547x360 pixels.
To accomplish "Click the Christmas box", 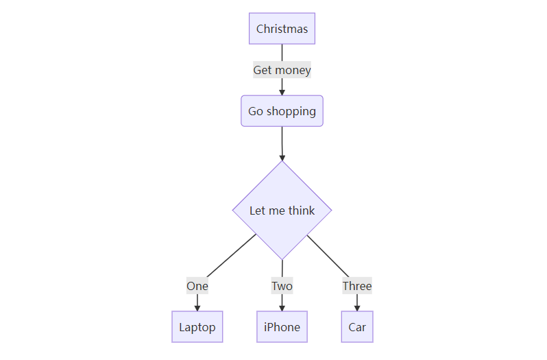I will (x=282, y=29).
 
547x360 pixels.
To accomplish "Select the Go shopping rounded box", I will (x=282, y=111).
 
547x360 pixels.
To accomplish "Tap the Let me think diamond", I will (x=282, y=210).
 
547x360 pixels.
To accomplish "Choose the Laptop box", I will (x=197, y=326).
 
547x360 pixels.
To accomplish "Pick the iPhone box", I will (x=282, y=326).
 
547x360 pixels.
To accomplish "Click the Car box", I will (x=357, y=326).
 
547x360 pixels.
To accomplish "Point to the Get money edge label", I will (x=282, y=70).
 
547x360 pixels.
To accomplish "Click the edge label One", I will (x=197, y=286).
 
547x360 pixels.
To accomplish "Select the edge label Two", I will (x=282, y=286).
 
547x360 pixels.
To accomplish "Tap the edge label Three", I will (x=357, y=286).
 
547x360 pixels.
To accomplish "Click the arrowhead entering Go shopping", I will (x=282, y=92).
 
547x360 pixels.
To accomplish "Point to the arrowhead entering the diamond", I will (x=282, y=158).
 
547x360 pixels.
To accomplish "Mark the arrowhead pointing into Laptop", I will (x=197, y=308).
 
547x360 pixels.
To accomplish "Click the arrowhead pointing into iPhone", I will (x=282, y=308).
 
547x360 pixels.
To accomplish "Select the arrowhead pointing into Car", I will (x=357, y=308).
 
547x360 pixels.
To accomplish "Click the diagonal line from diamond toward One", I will (x=230, y=257).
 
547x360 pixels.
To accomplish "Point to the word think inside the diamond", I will (x=302, y=210).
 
